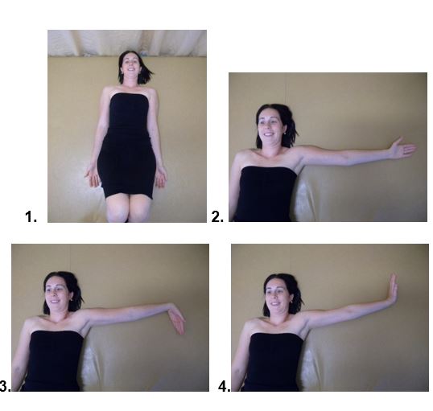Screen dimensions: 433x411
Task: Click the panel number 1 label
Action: pos(31,217)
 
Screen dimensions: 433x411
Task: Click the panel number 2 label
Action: pos(217,217)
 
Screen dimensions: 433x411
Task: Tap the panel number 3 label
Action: pos(6,386)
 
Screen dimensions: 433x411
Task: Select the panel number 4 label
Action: pos(225,386)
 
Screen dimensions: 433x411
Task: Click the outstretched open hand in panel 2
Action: pos(402,149)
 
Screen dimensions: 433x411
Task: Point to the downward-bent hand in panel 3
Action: pos(178,319)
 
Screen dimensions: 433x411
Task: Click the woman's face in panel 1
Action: pos(131,66)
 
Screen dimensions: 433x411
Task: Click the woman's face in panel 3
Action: pos(56,293)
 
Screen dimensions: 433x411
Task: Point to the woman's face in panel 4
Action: pos(277,295)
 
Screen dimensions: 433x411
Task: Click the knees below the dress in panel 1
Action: pos(130,207)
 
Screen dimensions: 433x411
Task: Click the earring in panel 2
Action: pos(284,134)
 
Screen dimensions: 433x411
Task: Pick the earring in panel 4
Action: pos(291,302)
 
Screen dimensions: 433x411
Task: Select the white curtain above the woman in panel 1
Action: pos(127,43)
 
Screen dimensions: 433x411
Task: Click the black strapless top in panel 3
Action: pos(53,360)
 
